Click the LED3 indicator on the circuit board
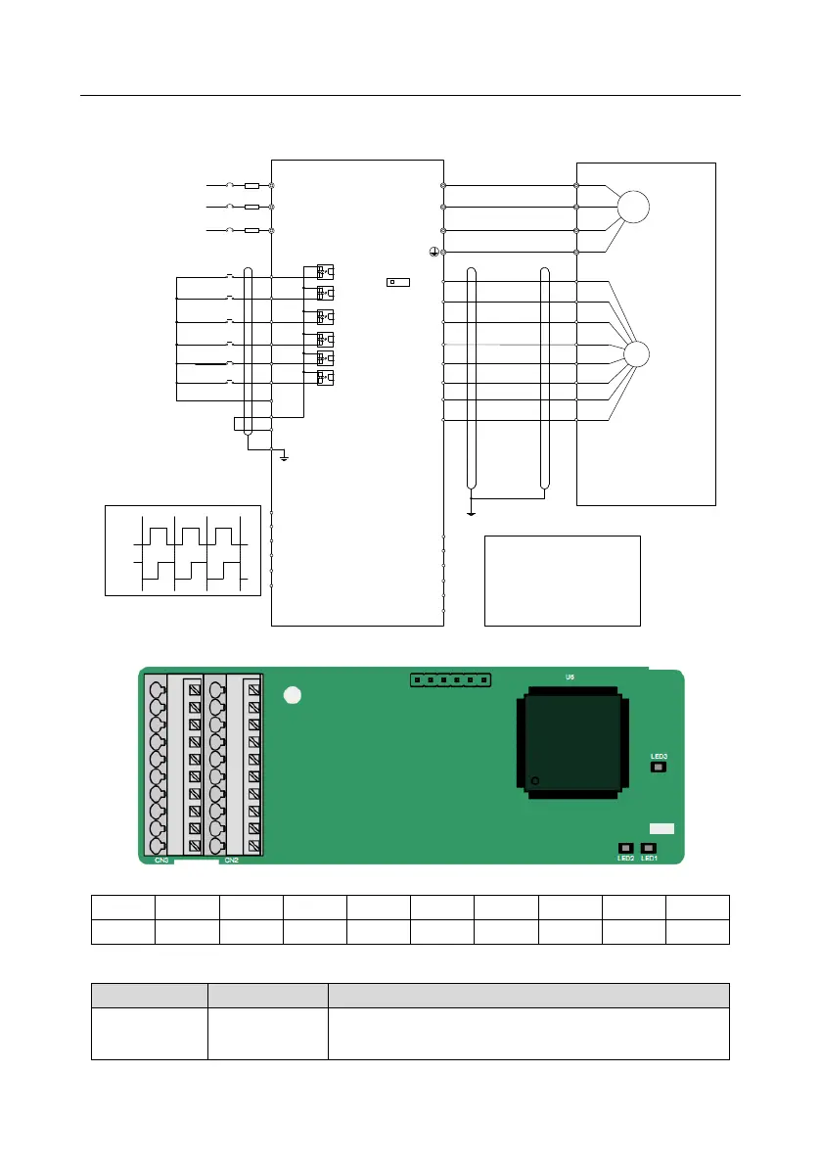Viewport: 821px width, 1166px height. [659, 768]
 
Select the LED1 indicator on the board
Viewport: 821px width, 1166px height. [648, 848]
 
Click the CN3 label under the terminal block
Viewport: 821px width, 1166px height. [162, 861]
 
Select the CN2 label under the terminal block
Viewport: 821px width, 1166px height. [231, 861]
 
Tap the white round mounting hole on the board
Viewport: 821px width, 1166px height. [290, 696]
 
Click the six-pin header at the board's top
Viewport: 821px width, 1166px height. [451, 679]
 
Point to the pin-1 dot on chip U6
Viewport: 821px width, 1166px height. [534, 781]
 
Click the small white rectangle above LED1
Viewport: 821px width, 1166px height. [661, 828]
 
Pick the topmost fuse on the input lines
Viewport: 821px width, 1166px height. [251, 185]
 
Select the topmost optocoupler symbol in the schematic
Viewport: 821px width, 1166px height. [325, 270]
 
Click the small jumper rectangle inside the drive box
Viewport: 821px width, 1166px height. [397, 282]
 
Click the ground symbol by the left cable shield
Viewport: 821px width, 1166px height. [283, 457]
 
